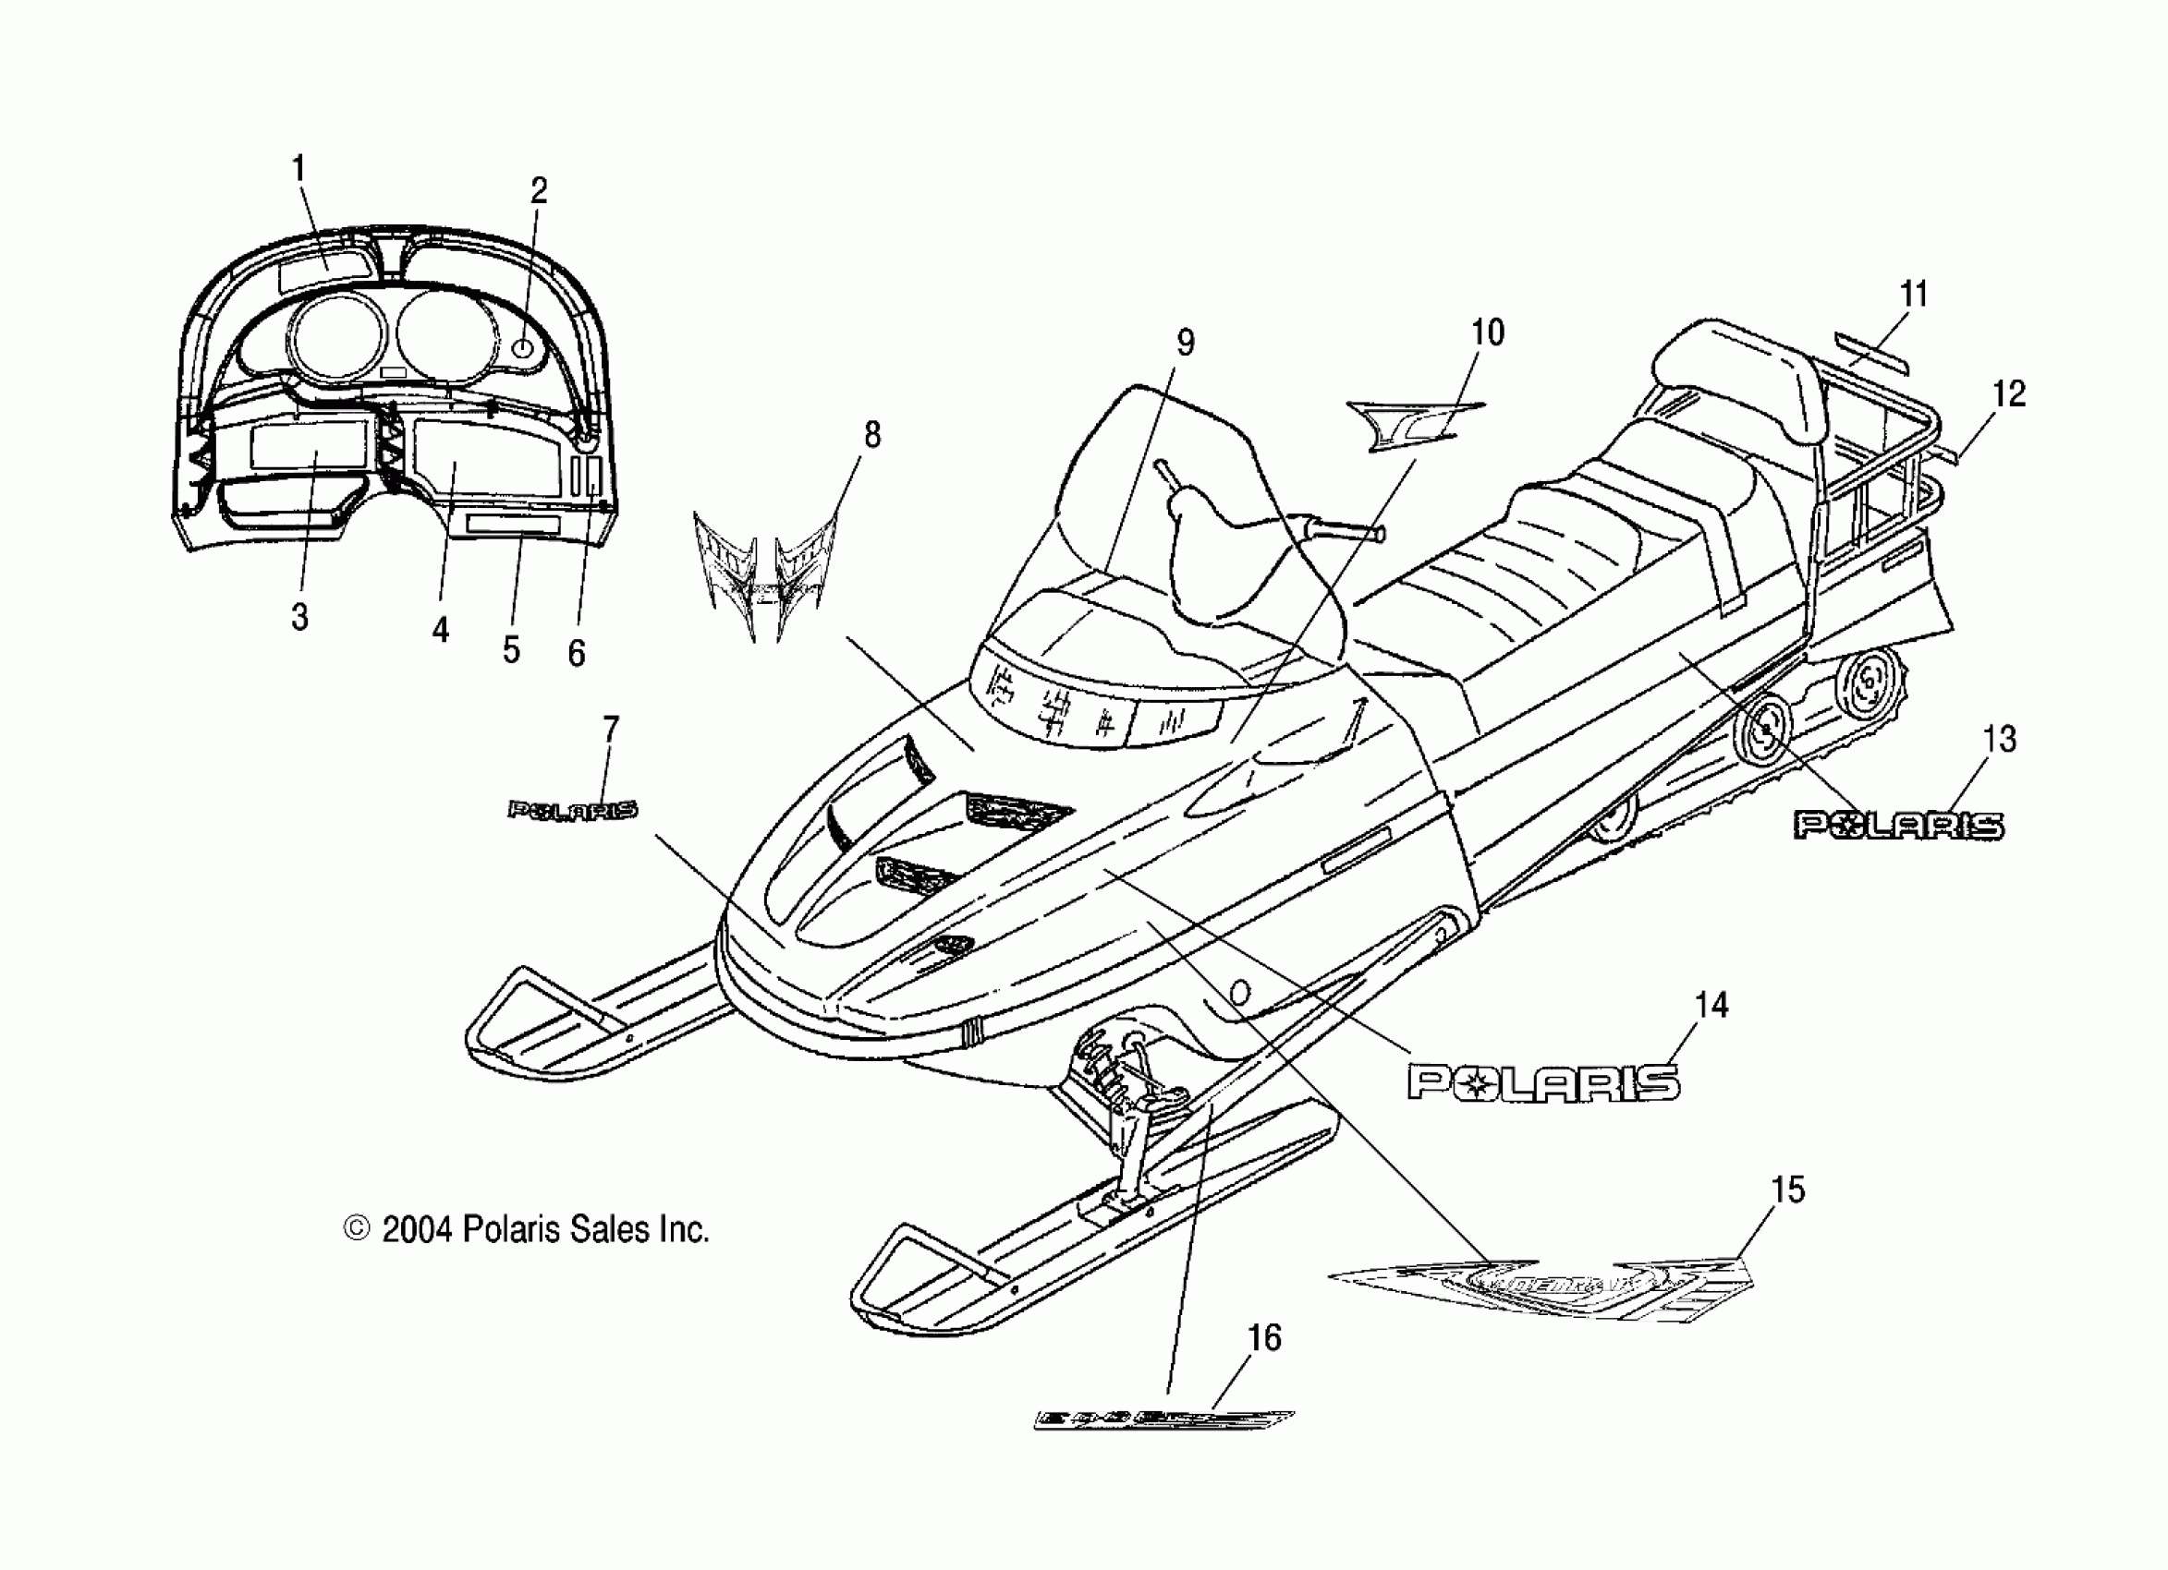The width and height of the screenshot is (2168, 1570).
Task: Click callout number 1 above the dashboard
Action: click(x=298, y=169)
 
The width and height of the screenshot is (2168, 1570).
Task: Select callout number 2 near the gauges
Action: click(x=539, y=191)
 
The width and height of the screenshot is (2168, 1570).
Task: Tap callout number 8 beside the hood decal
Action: click(x=871, y=435)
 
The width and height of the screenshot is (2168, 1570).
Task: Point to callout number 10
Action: click(x=1488, y=332)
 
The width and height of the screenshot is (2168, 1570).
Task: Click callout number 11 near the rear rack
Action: click(x=1914, y=295)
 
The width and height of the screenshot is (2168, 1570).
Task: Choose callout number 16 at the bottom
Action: click(x=1264, y=1339)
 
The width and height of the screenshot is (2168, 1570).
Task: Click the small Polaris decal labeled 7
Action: click(x=572, y=811)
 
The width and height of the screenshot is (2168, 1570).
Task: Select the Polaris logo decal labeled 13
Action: click(x=1897, y=826)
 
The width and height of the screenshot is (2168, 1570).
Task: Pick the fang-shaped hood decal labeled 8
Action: click(x=760, y=574)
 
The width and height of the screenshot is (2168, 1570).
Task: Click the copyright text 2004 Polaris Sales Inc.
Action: click(x=527, y=1230)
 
